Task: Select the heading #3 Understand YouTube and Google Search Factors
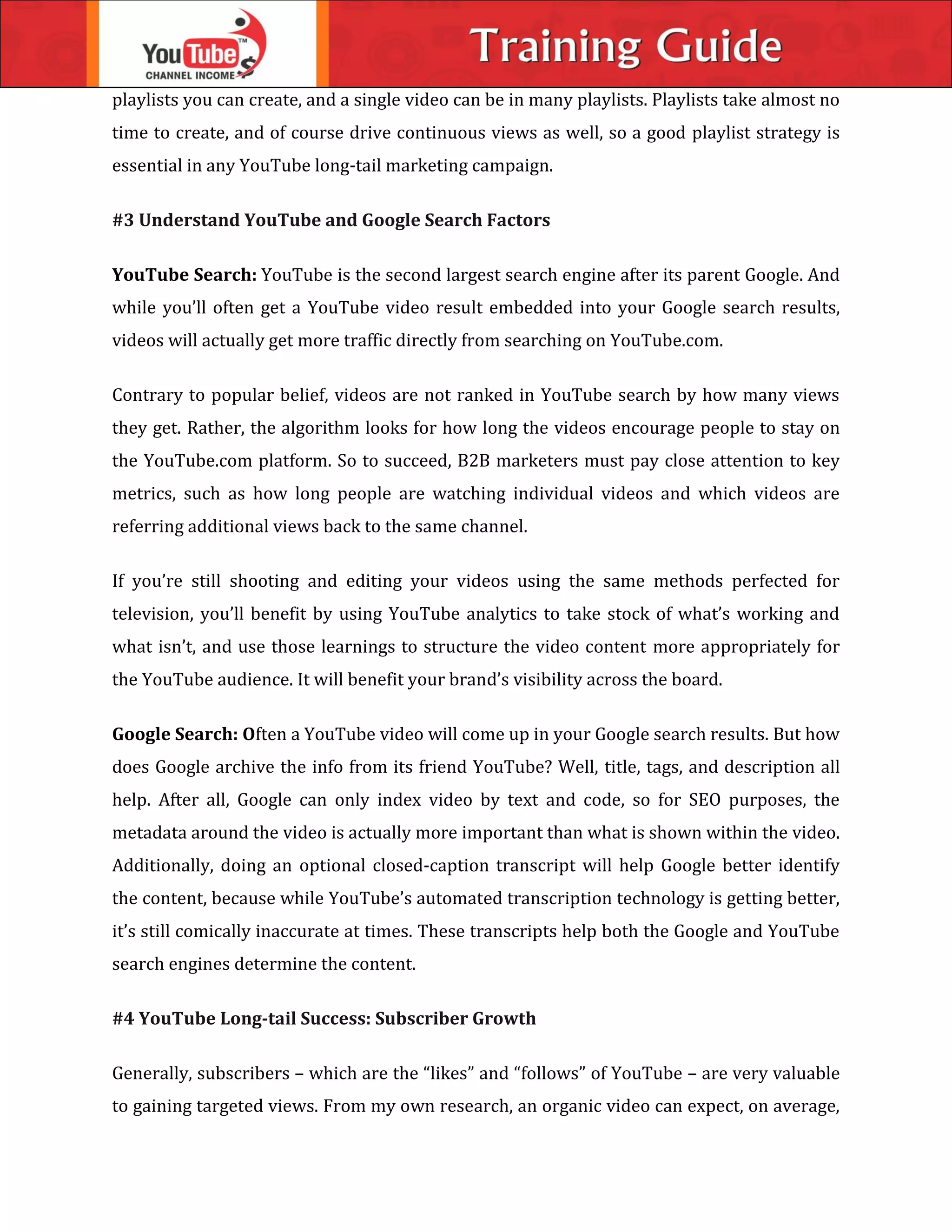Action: (x=331, y=220)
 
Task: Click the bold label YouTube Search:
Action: (x=185, y=275)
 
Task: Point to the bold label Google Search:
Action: (x=175, y=734)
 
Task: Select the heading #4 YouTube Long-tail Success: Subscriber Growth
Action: (x=324, y=1018)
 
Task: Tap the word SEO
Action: (x=704, y=800)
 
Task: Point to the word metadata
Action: (x=149, y=833)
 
